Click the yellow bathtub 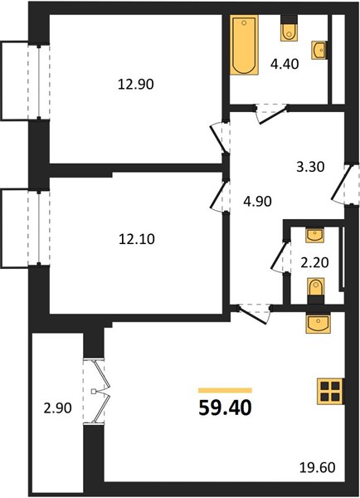[244, 45]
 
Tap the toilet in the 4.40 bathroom [289, 28]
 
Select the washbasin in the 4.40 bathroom [319, 50]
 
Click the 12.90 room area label [136, 85]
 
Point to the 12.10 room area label [137, 239]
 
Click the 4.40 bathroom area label [285, 64]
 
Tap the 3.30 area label [310, 167]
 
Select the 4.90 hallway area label [257, 202]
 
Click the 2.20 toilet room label [314, 262]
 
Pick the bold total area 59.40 [225, 408]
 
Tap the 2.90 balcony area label [58, 408]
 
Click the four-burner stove [330, 392]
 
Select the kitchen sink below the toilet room [318, 323]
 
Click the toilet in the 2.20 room [316, 291]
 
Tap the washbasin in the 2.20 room [314, 236]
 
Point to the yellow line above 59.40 [225, 390]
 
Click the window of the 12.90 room [39, 82]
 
